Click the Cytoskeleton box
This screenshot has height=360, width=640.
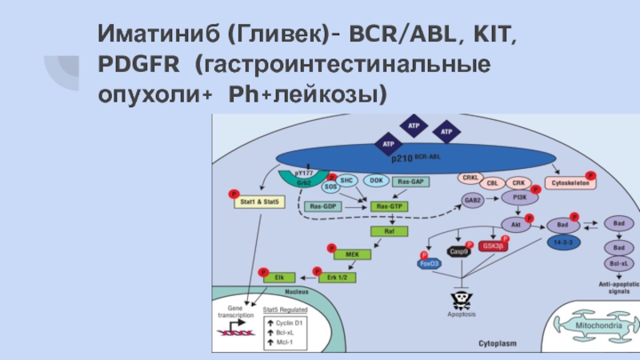570,183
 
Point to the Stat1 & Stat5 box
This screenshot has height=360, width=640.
258,202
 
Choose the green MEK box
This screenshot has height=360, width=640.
353,254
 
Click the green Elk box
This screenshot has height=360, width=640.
279,277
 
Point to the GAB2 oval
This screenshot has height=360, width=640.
472,200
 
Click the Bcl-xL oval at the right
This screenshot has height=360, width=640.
618,263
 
